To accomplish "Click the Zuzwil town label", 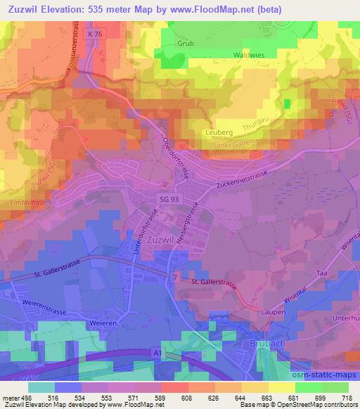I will tap(164, 239).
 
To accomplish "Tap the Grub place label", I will tap(185, 43).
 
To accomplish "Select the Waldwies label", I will tap(250, 54).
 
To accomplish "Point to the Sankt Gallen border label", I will tap(232, 144).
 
